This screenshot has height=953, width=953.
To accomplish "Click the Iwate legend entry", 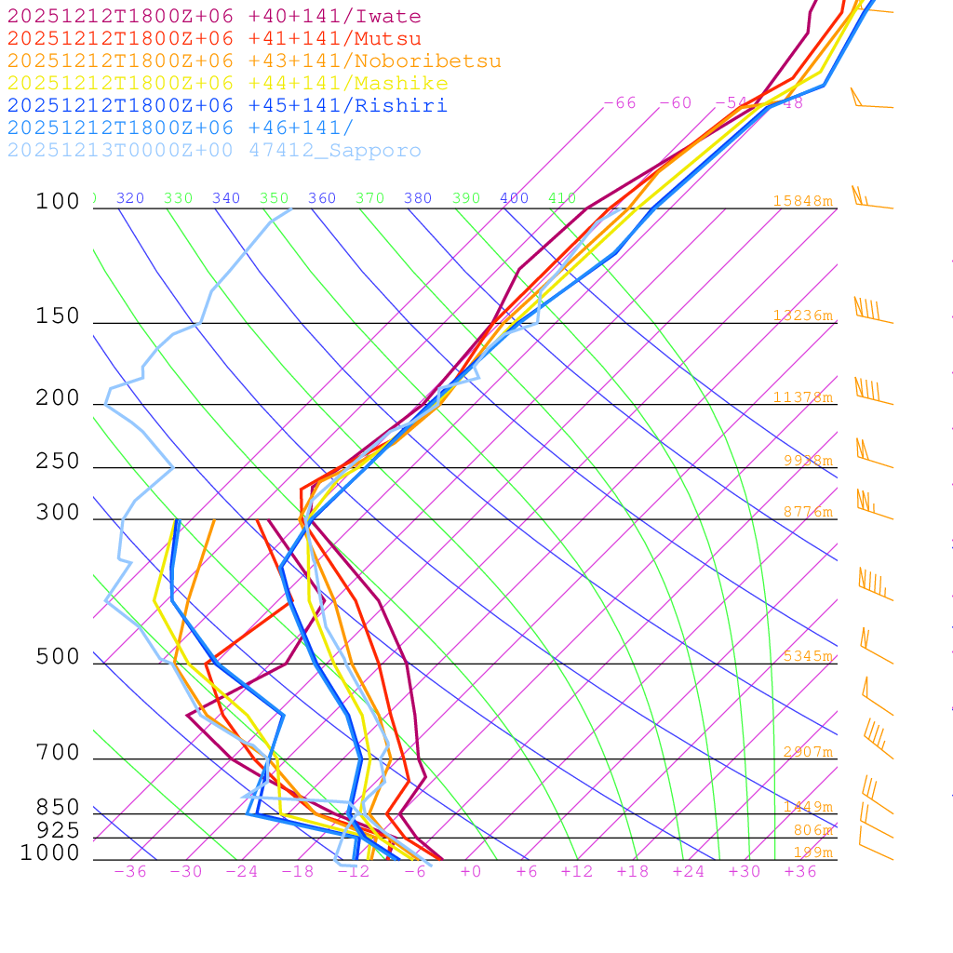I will pos(214,17).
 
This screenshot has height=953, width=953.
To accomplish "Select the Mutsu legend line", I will pos(214,39).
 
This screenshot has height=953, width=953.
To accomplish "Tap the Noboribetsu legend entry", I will pos(254,61).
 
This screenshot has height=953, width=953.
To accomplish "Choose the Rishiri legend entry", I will pos(227,106).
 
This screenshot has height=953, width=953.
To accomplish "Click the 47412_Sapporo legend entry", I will pos(214,151).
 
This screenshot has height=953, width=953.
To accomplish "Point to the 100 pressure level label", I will pos(58,201).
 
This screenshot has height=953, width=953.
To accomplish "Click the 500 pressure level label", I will pos(58,657).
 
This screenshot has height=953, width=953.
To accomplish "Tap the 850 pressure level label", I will pos(58,807).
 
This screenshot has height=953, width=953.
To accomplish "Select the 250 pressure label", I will pos(58,462).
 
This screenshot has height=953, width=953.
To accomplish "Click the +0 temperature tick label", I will pos(471,871).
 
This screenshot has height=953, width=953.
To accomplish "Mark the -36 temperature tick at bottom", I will pos(129,871).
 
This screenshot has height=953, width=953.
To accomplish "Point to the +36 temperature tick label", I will pos(800,871).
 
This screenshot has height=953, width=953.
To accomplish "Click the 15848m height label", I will pos(802,201).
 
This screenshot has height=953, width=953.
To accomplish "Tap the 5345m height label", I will pos(807,656).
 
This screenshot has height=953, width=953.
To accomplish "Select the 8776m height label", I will pos(807,512).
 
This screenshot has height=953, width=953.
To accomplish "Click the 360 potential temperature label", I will pos(321,198).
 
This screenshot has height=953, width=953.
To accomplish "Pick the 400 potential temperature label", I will pos(514,198).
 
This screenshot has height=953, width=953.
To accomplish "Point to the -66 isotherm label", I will pos(620,103).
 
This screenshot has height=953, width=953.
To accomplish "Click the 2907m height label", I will pos(807,752).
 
